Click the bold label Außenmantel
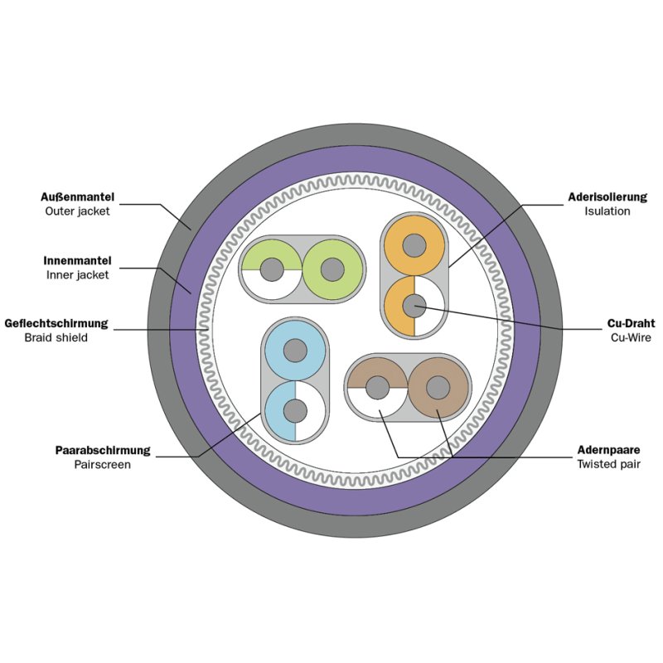77,197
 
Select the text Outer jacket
77,211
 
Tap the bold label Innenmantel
77,260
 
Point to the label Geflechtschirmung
56,323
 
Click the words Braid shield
56,337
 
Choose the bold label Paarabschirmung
103,450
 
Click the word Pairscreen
102,464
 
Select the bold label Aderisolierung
607,197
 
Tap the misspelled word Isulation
607,211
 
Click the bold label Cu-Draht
631,323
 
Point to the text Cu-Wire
631,337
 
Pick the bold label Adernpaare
608,450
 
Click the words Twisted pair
608,464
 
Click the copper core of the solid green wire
332,270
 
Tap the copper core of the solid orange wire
414,245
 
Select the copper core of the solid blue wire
295,351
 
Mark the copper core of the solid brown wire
438,388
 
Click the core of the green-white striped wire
272,270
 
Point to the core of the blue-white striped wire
295,411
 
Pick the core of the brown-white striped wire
378,388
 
